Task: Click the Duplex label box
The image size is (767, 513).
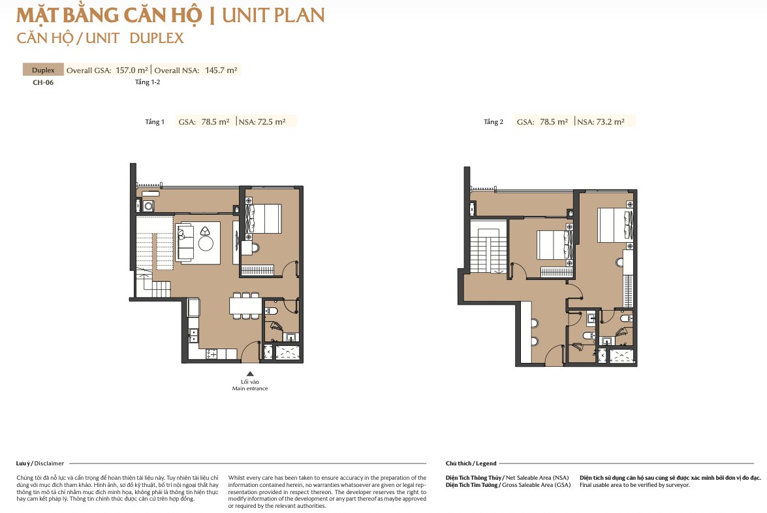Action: point(43,69)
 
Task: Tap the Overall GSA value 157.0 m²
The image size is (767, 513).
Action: point(132,70)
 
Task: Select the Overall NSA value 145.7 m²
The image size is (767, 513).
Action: point(221,70)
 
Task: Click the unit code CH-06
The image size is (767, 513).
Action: point(43,82)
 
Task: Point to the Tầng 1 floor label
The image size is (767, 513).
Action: point(155,122)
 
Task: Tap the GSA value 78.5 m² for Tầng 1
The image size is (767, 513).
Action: point(215,122)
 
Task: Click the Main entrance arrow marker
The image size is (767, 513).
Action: point(250,373)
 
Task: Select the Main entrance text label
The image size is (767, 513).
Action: point(250,388)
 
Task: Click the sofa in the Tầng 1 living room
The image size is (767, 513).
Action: point(185,241)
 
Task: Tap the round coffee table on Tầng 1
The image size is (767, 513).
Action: point(206,243)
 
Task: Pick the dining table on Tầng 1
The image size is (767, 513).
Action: point(245,305)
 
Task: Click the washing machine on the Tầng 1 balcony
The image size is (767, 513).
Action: point(149,206)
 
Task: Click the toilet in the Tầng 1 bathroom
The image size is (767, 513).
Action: point(271,311)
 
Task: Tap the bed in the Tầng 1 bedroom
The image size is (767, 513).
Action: point(264,218)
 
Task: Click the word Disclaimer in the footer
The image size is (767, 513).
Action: point(49,463)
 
